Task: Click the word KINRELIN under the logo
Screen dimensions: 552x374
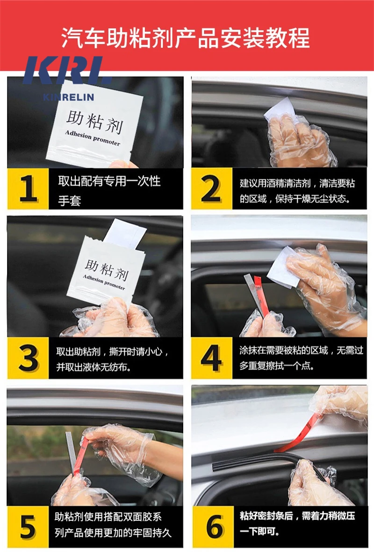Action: pos(68,97)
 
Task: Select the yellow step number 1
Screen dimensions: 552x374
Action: pos(28,189)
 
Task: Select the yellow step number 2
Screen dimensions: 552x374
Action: pos(211,189)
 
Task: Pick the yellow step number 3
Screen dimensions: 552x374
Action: pos(28,358)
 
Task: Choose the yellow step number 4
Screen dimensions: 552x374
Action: pos(211,358)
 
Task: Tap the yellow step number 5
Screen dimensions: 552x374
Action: pos(28,527)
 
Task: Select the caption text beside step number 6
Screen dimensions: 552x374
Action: pos(299,523)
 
